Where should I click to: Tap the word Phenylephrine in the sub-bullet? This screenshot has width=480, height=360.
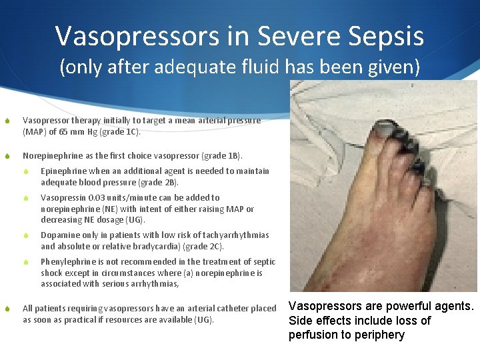(x=65, y=262)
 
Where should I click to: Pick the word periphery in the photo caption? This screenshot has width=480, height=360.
(x=381, y=335)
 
